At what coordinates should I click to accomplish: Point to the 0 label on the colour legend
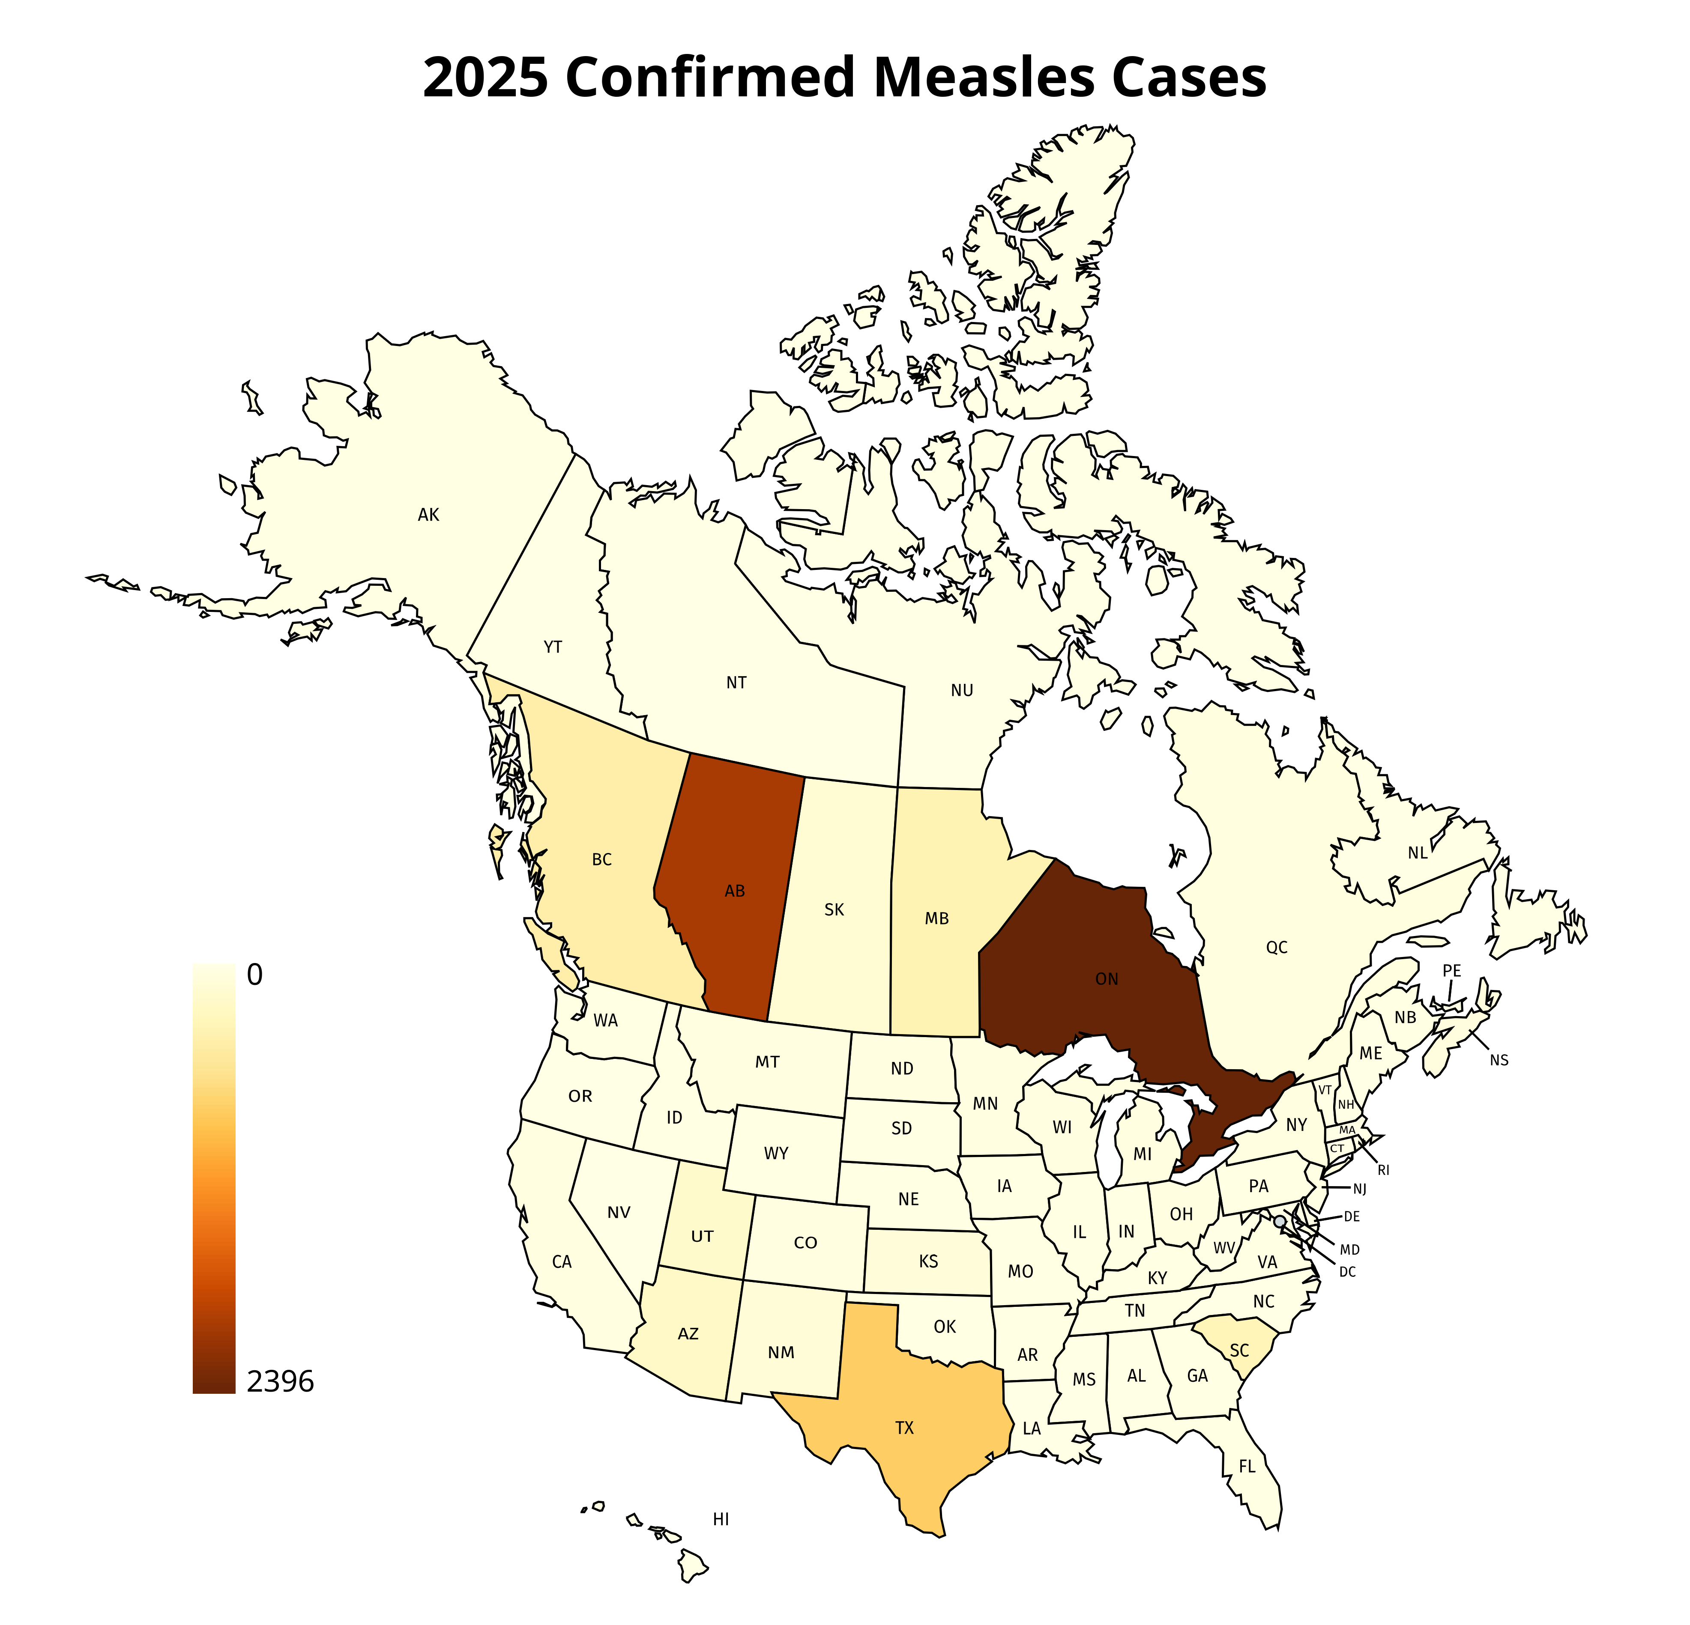tap(254, 975)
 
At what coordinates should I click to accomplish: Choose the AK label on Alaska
tap(428, 515)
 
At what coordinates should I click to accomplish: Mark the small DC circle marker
tap(1280, 1222)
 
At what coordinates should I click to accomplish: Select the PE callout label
tap(1452, 971)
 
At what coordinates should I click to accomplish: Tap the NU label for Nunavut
tap(962, 691)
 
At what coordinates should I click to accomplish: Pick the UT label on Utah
tap(703, 1236)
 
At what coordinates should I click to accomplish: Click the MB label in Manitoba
tap(937, 919)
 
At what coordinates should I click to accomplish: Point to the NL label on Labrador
tap(1418, 853)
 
